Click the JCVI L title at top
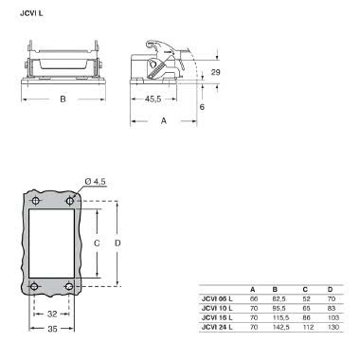(x=31, y=12)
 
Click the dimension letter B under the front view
(x=63, y=98)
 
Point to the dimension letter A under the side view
(x=164, y=120)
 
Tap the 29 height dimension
(x=214, y=73)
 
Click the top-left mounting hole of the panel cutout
(x=36, y=202)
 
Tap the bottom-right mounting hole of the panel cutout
(x=70, y=287)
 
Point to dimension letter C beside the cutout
(x=97, y=243)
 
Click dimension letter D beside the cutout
(x=118, y=243)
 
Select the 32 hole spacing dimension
(x=53, y=314)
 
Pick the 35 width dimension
(x=53, y=329)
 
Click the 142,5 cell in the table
(x=279, y=327)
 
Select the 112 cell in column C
(x=305, y=327)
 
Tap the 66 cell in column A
(x=253, y=298)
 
